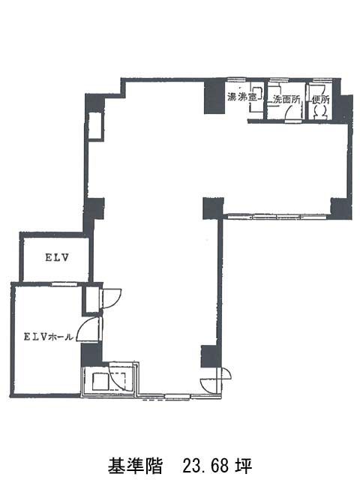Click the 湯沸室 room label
point(241,97)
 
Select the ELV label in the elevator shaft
point(57,258)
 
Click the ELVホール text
point(49,337)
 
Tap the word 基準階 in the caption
point(135,466)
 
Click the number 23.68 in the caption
point(205,466)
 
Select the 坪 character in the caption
point(243,466)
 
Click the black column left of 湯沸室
point(214,97)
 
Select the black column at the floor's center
point(213,208)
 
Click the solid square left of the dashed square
point(100,381)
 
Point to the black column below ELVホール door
point(91,355)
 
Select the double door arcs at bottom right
point(215,379)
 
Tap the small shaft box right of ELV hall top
point(91,300)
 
